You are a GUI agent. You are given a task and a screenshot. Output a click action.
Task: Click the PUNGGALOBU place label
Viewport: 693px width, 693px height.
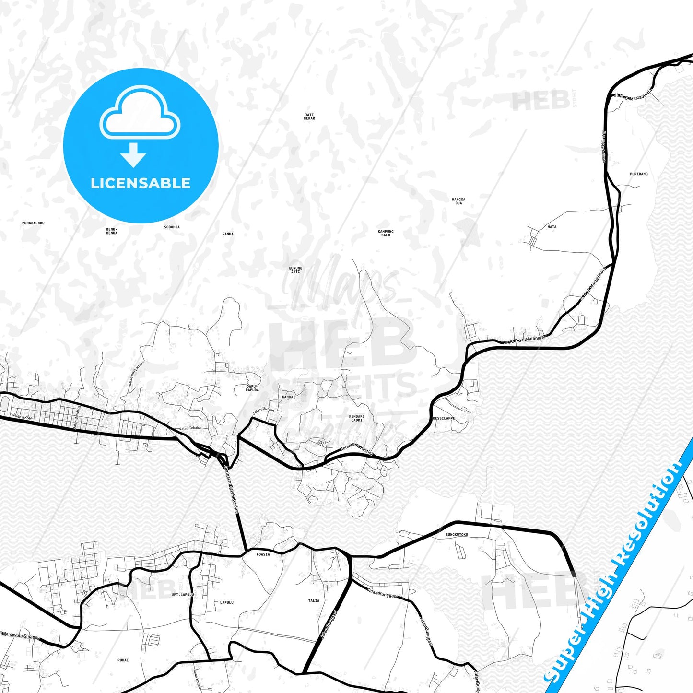point(33,223)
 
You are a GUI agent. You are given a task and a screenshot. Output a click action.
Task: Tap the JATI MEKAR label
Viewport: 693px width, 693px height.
point(309,117)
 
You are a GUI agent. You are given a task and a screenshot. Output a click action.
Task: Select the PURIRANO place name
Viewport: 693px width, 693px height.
point(639,174)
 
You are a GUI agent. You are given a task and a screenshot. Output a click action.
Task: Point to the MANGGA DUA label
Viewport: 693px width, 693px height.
point(458,201)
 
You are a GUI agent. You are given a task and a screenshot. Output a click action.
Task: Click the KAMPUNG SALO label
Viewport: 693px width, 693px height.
point(386,233)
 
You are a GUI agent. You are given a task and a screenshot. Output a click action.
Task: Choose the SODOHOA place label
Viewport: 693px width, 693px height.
point(172,227)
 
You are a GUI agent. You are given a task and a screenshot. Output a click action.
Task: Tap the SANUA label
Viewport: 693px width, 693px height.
point(228,234)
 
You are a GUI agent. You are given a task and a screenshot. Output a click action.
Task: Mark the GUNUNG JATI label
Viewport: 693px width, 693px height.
point(295,270)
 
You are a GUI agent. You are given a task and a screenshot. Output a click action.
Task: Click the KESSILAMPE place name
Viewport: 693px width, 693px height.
point(444,418)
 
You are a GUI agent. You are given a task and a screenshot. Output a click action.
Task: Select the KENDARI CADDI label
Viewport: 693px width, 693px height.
point(357,418)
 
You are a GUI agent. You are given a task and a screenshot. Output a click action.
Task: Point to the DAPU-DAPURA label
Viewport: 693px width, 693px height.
point(252,388)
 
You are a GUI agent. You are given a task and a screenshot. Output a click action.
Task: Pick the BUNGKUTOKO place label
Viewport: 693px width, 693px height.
point(457,534)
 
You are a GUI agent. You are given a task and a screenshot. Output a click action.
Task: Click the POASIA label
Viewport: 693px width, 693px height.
point(263,554)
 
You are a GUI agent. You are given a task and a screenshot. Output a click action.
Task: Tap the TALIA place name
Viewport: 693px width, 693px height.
point(314,600)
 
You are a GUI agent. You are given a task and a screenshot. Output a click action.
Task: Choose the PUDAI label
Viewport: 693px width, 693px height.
point(123,660)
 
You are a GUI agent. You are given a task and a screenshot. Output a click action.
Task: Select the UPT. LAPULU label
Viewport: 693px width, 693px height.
point(183,595)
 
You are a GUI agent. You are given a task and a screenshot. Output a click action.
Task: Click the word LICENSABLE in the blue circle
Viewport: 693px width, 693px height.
point(141,183)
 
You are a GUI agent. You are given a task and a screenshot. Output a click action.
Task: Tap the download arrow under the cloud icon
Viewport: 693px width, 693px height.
point(133,155)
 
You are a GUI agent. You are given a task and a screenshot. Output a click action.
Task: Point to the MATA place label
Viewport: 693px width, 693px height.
point(552,226)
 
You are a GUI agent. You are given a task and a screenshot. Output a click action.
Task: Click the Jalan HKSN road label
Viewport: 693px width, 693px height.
point(22,417)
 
